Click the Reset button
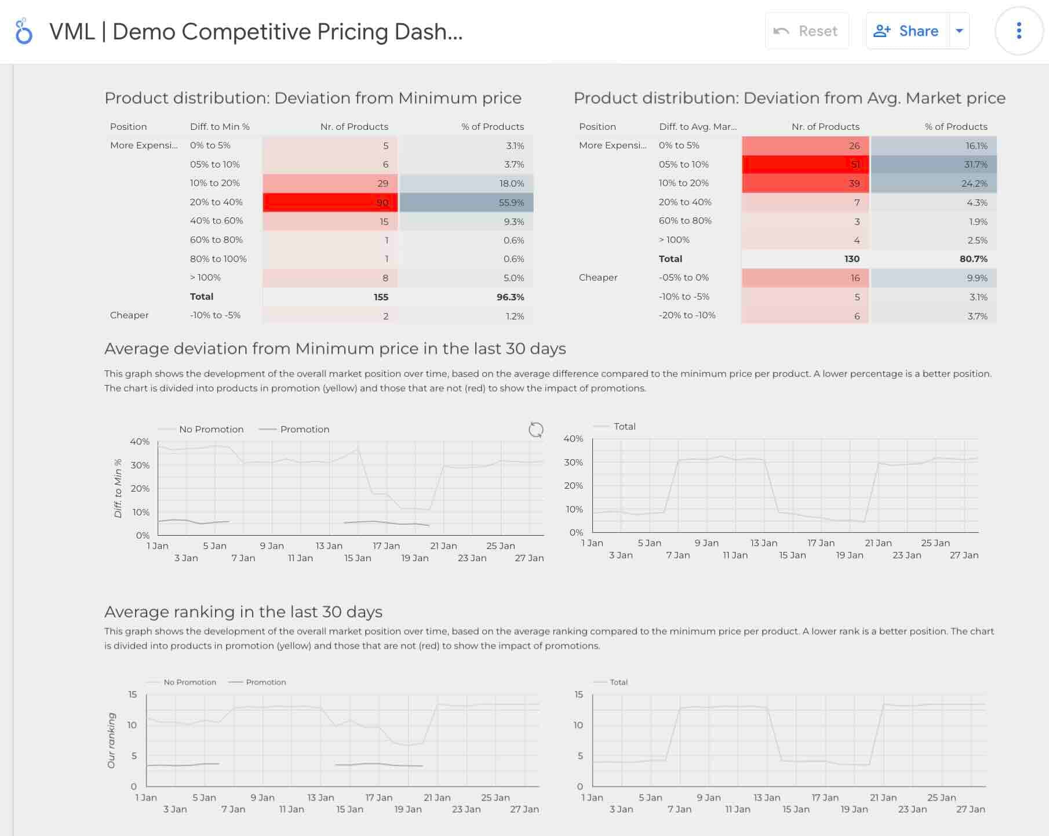[x=807, y=31]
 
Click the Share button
[x=907, y=31]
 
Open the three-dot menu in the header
[x=1019, y=31]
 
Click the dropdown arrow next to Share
[x=959, y=31]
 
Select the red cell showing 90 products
[x=330, y=202]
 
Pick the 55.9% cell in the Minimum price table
[x=466, y=202]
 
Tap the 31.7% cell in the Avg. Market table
[x=933, y=165]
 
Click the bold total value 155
[x=381, y=297]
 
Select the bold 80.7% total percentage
[x=973, y=259]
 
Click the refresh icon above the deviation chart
[x=536, y=430]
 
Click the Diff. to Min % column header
[x=220, y=126]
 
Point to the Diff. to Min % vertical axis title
[x=118, y=488]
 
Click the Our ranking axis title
[x=111, y=740]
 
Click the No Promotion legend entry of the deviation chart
[x=210, y=430]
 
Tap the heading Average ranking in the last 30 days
[x=243, y=612]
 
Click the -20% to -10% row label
[x=687, y=315]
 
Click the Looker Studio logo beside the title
[x=24, y=31]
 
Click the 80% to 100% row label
[x=218, y=259]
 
